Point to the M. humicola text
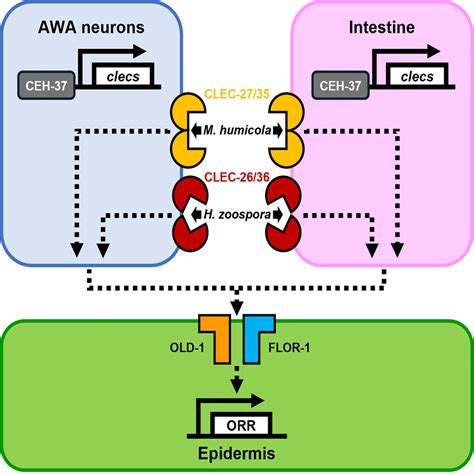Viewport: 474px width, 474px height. pyautogui.click(x=237, y=129)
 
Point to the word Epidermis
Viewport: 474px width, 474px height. pyautogui.click(x=237, y=454)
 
